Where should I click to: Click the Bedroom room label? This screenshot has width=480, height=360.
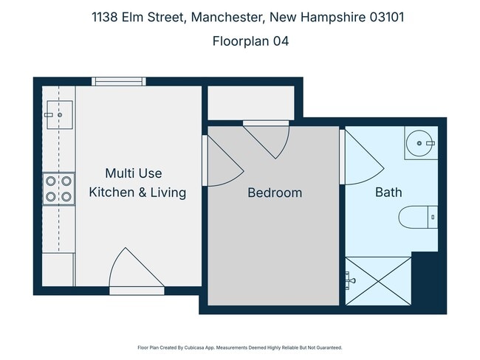pyautogui.click(x=274, y=193)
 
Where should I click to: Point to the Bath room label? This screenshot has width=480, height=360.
pyautogui.click(x=388, y=193)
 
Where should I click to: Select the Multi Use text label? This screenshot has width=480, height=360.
pyautogui.click(x=133, y=173)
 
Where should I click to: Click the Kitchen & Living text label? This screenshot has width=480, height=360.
pyautogui.click(x=137, y=193)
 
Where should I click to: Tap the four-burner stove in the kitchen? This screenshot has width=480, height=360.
pyautogui.click(x=58, y=187)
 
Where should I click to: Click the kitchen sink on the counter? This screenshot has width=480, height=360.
pyautogui.click(x=58, y=115)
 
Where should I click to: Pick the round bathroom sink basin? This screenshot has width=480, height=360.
pyautogui.click(x=421, y=142)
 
